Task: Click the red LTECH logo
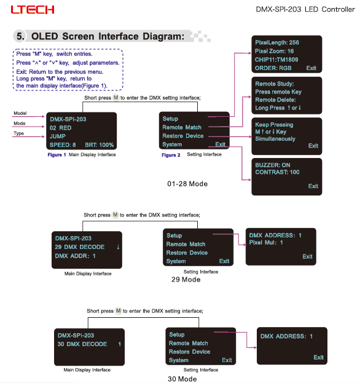click(x=33, y=10)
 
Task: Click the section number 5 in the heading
click(x=20, y=36)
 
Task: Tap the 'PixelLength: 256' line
click(x=277, y=42)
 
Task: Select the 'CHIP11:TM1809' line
click(x=276, y=60)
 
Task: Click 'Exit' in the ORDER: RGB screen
click(x=311, y=68)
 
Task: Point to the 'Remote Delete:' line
click(x=275, y=100)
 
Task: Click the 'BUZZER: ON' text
click(x=273, y=165)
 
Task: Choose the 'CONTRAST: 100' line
click(x=277, y=172)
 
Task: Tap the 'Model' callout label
click(x=20, y=113)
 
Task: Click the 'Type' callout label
click(x=19, y=133)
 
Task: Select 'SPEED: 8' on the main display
click(x=63, y=145)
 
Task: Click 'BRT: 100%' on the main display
click(x=100, y=145)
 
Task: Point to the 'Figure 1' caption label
click(x=57, y=155)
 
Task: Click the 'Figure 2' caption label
click(x=171, y=155)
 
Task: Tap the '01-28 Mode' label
click(x=187, y=184)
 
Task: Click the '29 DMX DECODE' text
click(x=80, y=247)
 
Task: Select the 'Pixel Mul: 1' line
click(x=266, y=243)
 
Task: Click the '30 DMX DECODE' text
click(x=82, y=344)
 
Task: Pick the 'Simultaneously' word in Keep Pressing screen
click(x=275, y=139)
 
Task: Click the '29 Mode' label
click(x=186, y=280)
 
